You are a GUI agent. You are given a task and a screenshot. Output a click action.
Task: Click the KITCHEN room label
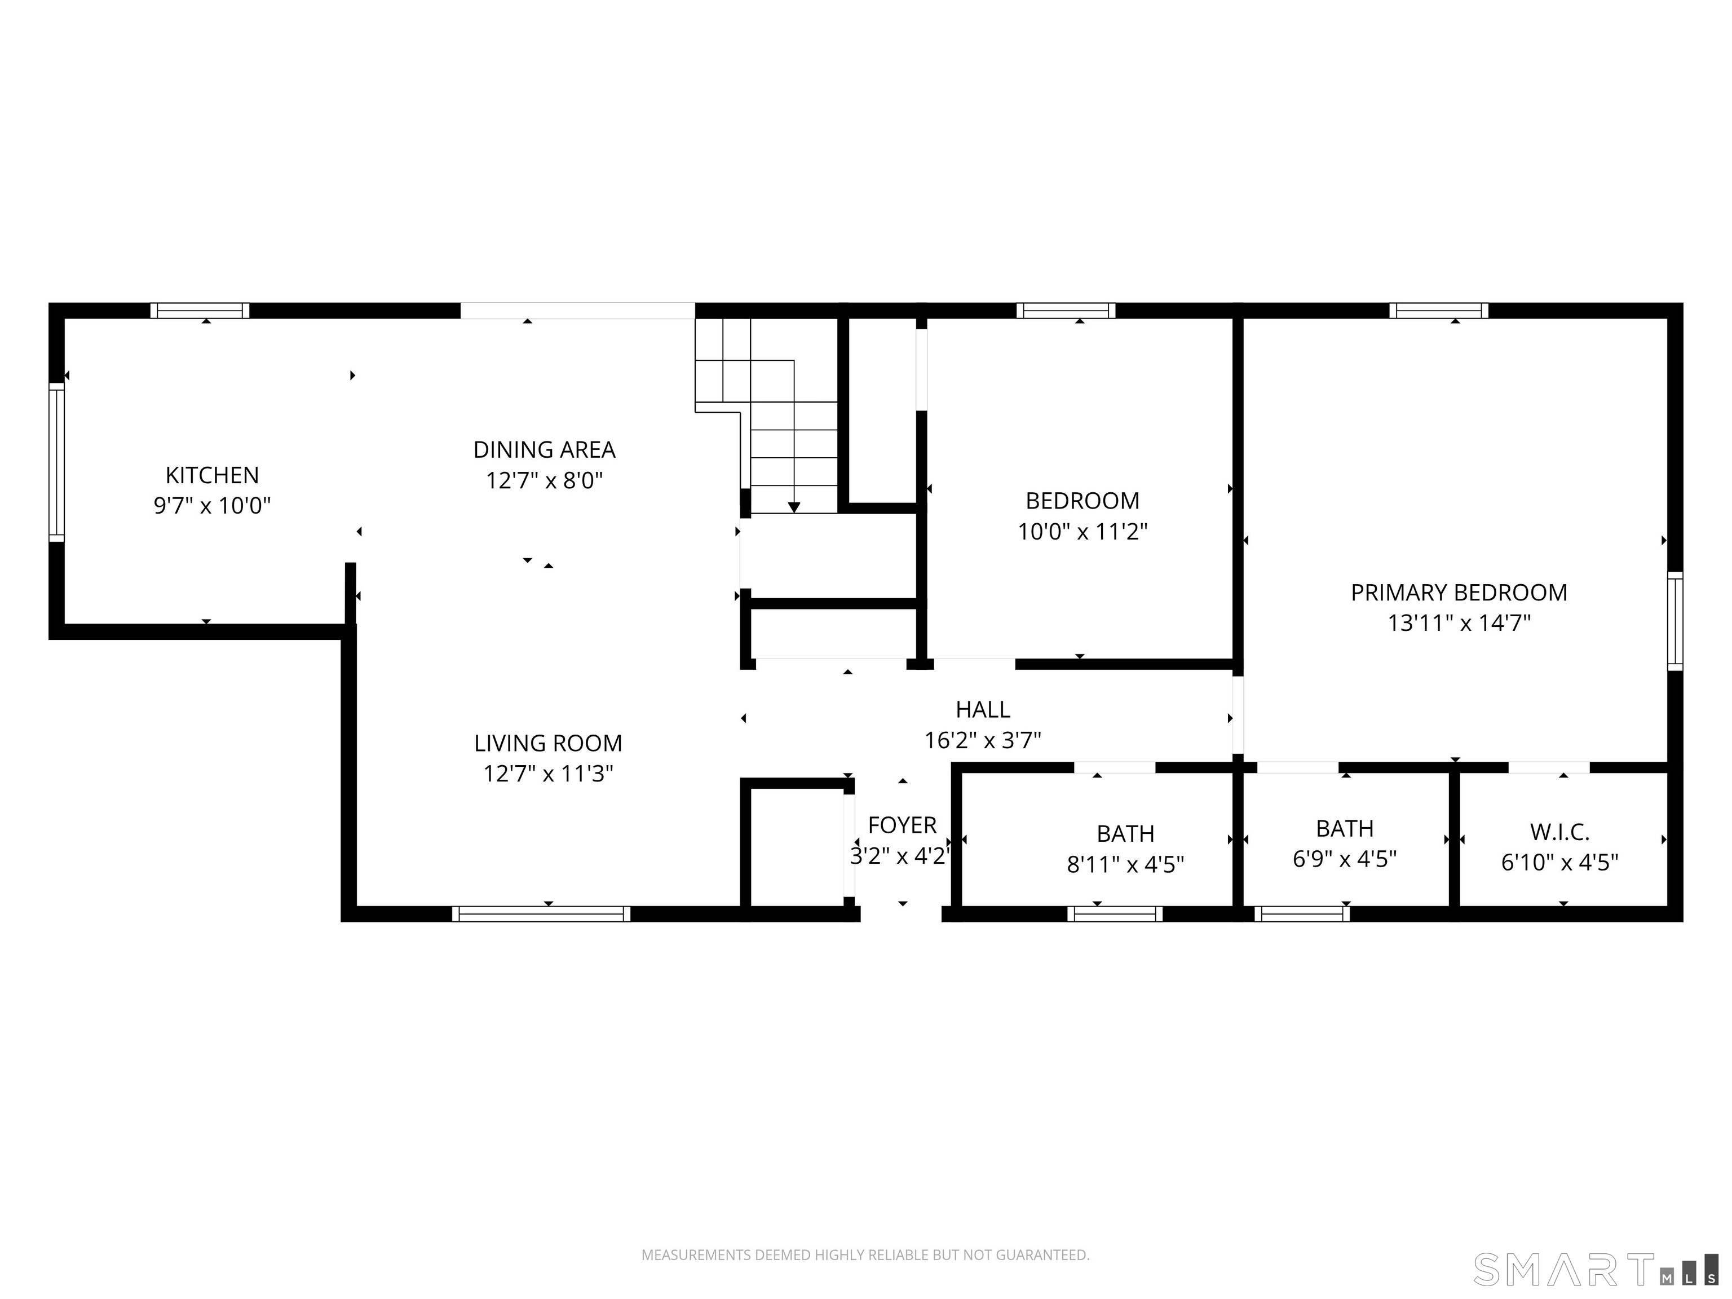coord(211,475)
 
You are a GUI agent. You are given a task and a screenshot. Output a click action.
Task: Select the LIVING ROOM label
coord(547,743)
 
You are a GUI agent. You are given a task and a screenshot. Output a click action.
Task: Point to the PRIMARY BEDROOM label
coord(1459,593)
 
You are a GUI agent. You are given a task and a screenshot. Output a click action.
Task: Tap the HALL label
coord(983,709)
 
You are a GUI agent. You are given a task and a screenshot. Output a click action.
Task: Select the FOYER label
coord(902,825)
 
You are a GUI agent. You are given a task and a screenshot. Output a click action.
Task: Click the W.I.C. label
coord(1559,832)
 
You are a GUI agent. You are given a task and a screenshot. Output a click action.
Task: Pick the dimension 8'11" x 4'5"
coord(1125,864)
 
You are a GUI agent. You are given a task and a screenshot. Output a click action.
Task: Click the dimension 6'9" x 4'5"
coord(1345,859)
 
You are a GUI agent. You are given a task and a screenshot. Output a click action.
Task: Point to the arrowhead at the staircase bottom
coord(794,507)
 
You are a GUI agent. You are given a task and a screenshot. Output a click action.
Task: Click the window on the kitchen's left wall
coord(56,462)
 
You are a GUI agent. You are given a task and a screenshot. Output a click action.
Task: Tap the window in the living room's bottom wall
coord(541,914)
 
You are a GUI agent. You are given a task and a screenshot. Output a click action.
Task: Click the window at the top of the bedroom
coord(1066,311)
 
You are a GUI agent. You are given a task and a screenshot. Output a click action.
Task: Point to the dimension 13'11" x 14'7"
coord(1459,623)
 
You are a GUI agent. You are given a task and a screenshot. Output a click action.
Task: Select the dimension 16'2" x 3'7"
coord(983,740)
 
